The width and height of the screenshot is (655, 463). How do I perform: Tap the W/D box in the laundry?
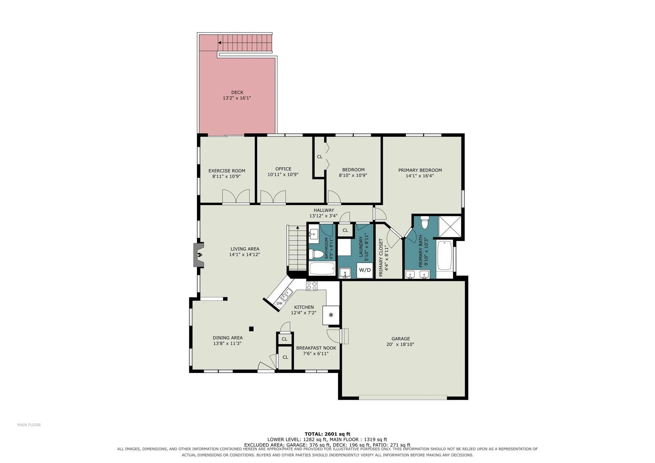pos(365,270)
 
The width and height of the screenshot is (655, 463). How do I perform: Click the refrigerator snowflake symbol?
pos(331,315)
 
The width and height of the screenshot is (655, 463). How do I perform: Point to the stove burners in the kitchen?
pos(312,286)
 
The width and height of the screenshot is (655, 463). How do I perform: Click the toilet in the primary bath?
pos(425,222)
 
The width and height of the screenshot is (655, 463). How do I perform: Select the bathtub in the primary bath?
pos(444,255)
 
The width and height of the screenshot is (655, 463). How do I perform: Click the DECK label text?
pos(237,93)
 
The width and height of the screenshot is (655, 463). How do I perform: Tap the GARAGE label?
pos(400,339)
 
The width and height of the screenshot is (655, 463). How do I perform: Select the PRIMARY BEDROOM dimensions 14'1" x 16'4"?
pos(420,176)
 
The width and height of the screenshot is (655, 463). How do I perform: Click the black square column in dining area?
pos(251,329)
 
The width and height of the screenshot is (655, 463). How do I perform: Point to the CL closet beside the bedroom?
pos(319,157)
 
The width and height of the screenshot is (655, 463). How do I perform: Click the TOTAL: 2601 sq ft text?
pos(327,434)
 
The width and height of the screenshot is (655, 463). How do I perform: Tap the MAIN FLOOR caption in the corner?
pos(29,425)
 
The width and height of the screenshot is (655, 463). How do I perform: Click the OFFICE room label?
pos(283,169)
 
